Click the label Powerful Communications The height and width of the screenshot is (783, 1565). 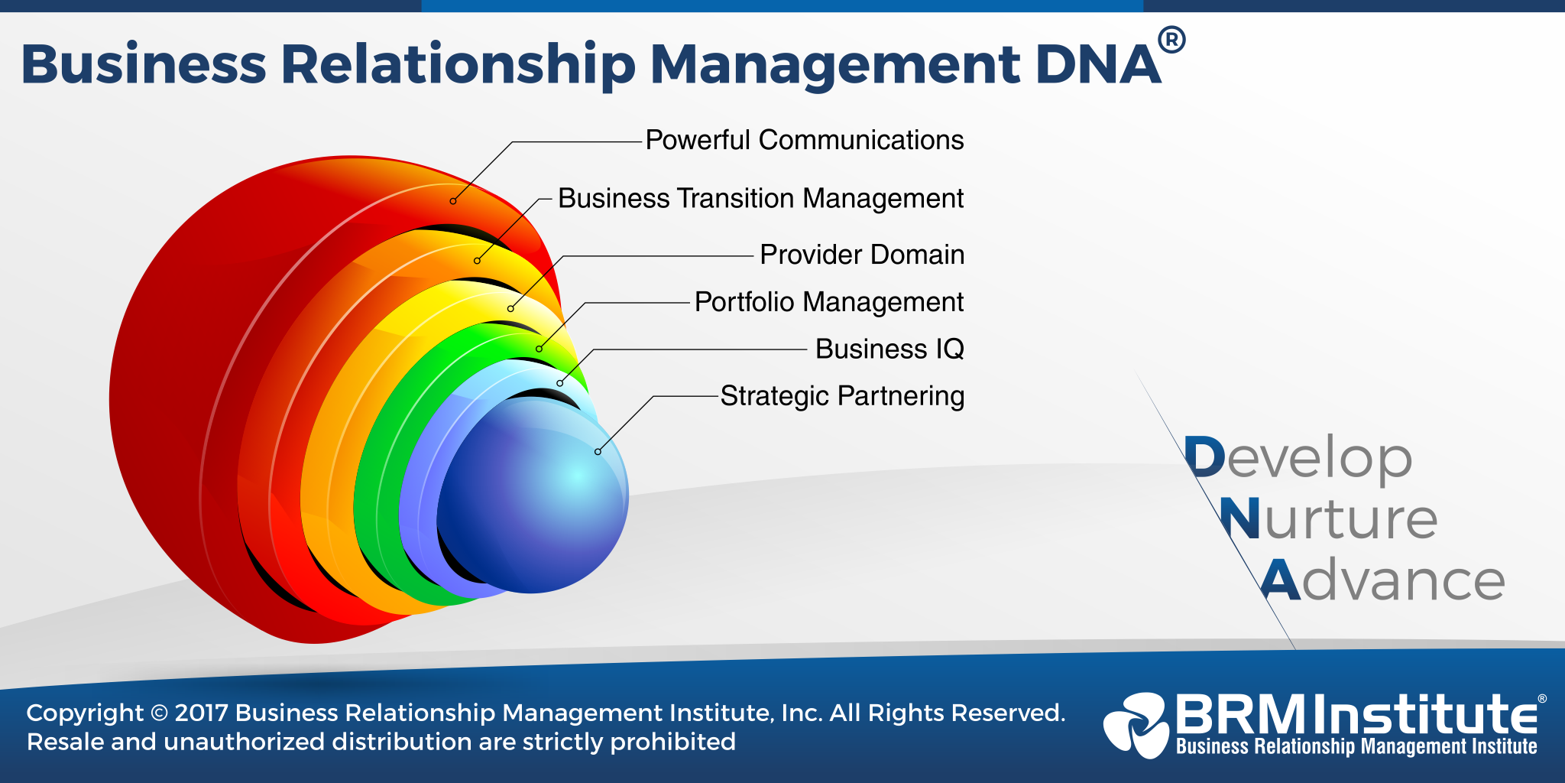coord(804,141)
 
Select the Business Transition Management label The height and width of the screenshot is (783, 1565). coord(760,199)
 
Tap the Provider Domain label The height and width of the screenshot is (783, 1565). coord(862,255)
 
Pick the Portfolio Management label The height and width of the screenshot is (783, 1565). coord(828,302)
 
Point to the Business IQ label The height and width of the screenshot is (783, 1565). coord(889,349)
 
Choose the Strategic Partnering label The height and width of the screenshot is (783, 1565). coord(842,396)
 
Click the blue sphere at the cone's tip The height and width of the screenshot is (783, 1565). coord(535,505)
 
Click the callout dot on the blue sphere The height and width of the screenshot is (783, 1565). coord(598,452)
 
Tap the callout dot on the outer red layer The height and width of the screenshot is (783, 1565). coord(453,201)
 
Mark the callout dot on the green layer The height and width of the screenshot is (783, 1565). coord(539,349)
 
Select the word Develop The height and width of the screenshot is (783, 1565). coord(1298,458)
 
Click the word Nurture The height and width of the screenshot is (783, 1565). coord(1328,519)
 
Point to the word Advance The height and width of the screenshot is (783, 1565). coord(1382,580)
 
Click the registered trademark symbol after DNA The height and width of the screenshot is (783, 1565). coord(1171,40)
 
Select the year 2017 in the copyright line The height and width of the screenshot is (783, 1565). coord(202,713)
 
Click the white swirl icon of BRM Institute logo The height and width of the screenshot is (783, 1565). coord(1136,723)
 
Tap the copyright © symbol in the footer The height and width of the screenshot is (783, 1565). coord(159,713)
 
